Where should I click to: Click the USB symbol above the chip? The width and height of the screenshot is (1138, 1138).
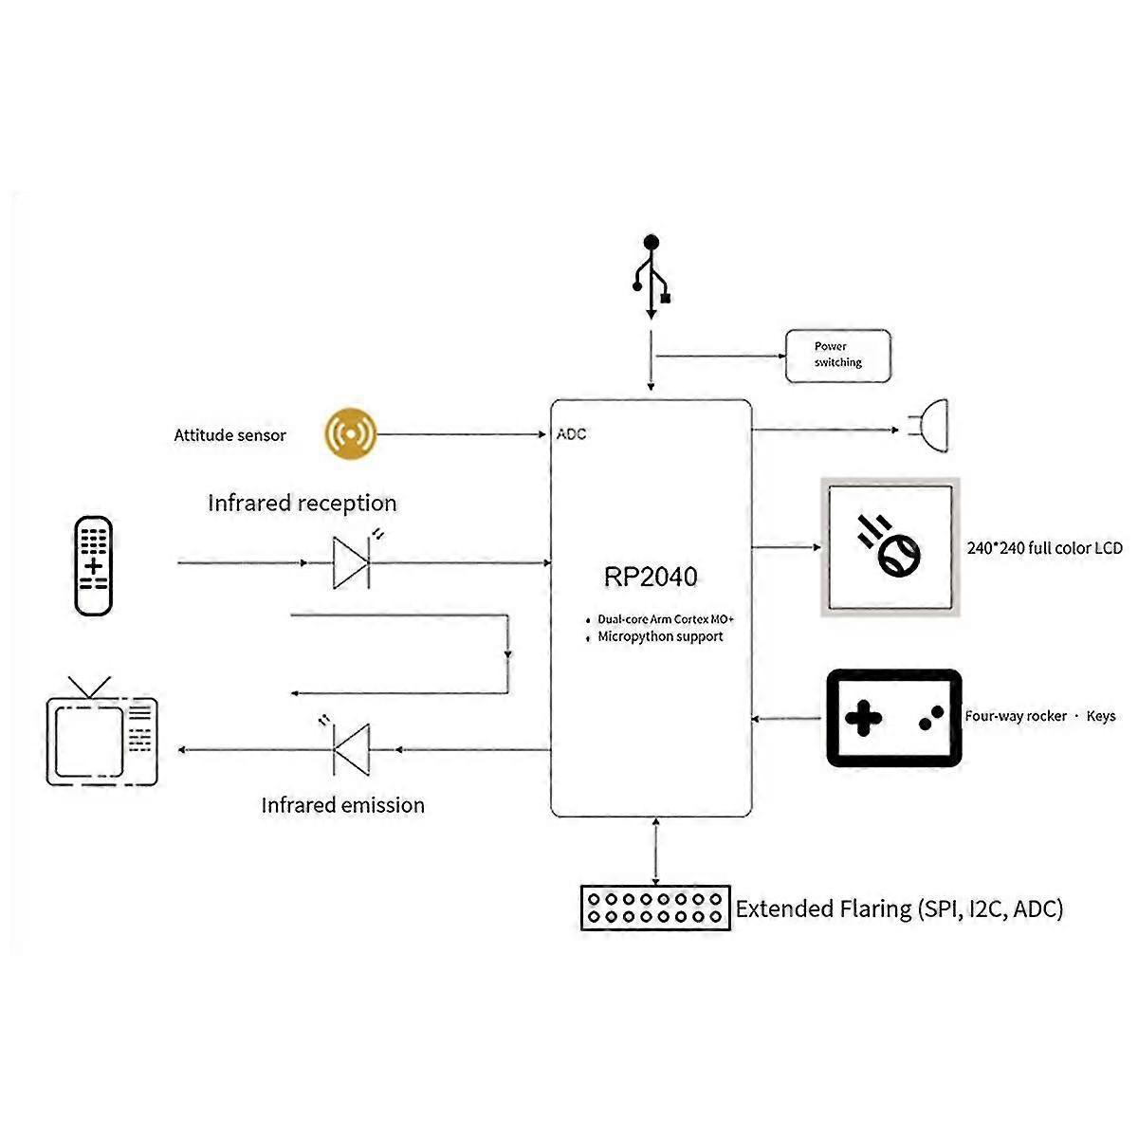(651, 276)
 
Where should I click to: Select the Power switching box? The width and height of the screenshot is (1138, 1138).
(837, 356)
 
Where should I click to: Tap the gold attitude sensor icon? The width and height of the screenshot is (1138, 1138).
(350, 433)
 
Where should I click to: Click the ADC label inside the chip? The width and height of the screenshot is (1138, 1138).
(571, 434)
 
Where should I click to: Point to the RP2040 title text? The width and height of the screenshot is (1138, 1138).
(651, 577)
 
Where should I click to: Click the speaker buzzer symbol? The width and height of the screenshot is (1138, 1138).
(929, 426)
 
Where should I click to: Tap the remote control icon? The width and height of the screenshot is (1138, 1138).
(93, 566)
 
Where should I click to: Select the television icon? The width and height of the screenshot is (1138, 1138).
(101, 731)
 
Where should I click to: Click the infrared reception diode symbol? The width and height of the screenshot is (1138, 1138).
(352, 562)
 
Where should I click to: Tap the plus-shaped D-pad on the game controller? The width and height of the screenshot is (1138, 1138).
(863, 718)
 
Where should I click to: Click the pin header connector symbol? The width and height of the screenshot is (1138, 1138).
(655, 908)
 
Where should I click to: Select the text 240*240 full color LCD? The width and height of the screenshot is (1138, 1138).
(1044, 548)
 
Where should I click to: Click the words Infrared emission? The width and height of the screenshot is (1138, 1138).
(342, 805)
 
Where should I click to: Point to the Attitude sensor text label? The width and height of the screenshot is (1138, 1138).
(229, 435)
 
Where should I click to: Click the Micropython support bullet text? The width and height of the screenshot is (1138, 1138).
(660, 636)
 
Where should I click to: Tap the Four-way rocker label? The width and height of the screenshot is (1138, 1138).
(1016, 716)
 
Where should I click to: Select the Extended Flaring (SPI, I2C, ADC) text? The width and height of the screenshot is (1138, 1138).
(899, 909)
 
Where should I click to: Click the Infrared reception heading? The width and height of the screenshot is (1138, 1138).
(303, 504)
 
